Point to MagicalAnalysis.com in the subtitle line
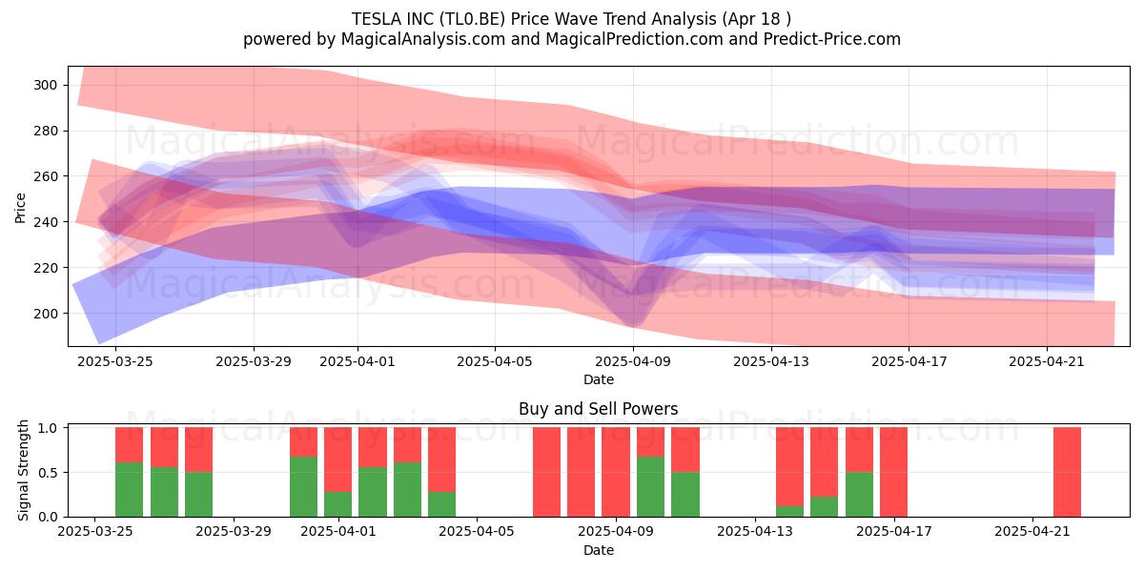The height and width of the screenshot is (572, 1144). click(x=423, y=39)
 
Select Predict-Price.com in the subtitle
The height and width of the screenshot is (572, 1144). click(x=832, y=39)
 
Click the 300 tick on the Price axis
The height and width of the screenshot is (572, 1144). click(x=45, y=85)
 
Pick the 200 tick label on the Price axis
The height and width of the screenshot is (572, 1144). click(x=45, y=314)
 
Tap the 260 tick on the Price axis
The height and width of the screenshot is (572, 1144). click(x=45, y=176)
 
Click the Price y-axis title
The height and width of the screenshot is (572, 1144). click(x=20, y=208)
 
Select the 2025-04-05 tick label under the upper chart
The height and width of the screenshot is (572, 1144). click(x=495, y=361)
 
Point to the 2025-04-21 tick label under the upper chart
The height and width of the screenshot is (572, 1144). click(x=1047, y=361)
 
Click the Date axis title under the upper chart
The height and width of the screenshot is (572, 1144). click(x=599, y=379)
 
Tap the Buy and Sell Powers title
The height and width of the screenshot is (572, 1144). click(x=599, y=409)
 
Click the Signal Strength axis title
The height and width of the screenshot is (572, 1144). click(x=23, y=470)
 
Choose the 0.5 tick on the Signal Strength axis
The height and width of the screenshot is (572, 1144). click(x=49, y=473)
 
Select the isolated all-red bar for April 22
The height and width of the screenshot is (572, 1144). click(x=1067, y=472)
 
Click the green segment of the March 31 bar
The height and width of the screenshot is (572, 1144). click(x=303, y=487)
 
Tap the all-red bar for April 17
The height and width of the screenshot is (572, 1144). click(x=893, y=472)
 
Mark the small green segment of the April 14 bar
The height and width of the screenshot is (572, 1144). click(x=789, y=511)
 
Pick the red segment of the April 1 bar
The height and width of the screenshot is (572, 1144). click(x=338, y=460)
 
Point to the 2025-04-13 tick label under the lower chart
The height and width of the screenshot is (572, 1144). click(x=755, y=532)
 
